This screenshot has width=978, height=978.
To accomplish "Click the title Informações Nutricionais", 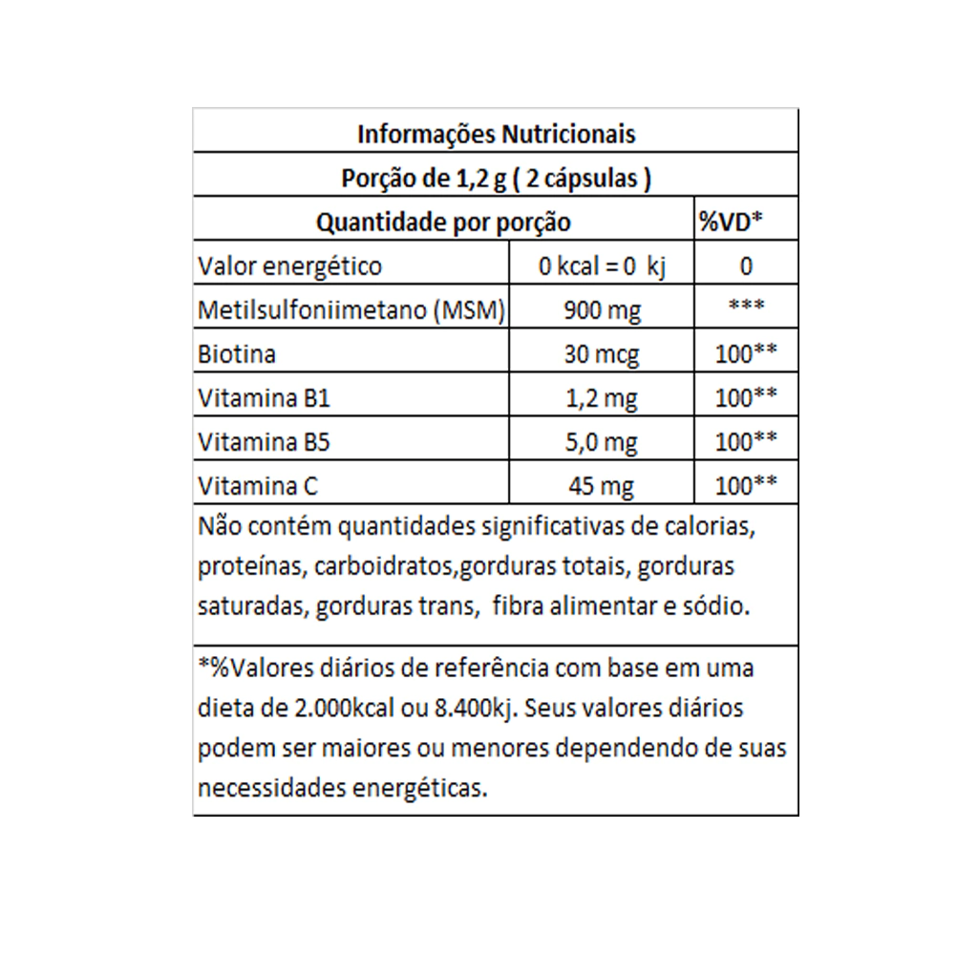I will pos(496,134).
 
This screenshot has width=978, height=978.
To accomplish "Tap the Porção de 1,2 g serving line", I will pos(496,179).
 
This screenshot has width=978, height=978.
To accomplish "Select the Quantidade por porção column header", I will pos(443,223).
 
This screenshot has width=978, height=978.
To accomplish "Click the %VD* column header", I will pos(730,223).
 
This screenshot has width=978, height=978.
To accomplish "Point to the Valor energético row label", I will pos(289,266).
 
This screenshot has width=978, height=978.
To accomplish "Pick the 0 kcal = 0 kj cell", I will pos(602,266).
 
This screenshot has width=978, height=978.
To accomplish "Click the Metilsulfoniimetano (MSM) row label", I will pos(351,310).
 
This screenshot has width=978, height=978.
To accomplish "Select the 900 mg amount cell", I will pos(602,310).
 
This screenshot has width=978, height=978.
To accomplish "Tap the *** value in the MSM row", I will pos(745,308).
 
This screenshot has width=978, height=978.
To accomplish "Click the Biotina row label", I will pos(237,354).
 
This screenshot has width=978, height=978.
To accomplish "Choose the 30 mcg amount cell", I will pos(602,355).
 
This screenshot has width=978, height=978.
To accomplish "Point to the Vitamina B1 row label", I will pos(264,398).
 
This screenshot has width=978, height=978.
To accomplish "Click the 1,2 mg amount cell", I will pos(602,399).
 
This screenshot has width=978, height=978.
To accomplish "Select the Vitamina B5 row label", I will pos(265,442).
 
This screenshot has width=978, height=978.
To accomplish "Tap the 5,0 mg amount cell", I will pos(602,443).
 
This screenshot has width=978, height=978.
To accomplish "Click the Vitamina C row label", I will pos(258,486).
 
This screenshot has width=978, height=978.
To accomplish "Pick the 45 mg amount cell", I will pos(602,487).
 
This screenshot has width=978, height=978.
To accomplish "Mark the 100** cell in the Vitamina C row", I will pos(745,485).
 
